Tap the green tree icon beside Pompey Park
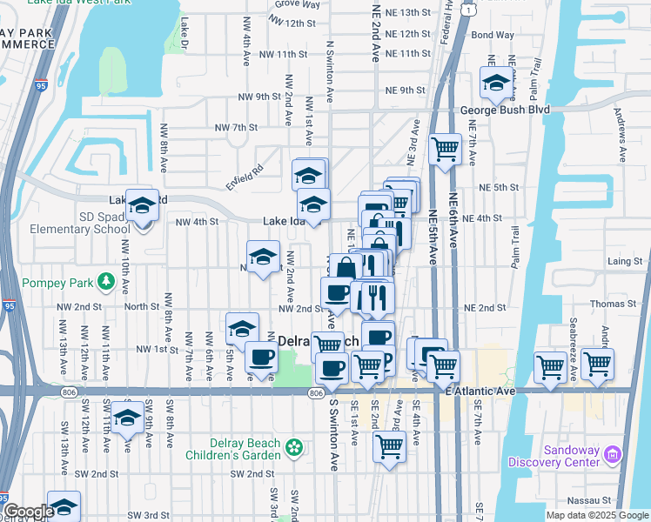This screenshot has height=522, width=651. pos(106,282)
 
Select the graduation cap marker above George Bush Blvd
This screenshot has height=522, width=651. pos(496,83)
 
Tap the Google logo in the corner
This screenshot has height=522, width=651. pos(28,511)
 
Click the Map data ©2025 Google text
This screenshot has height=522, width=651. pos(596,515)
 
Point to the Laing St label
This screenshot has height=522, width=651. pos(625,260)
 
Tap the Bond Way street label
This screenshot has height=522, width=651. pos(492,35)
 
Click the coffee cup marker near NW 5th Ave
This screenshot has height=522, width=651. pos(261,357)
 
